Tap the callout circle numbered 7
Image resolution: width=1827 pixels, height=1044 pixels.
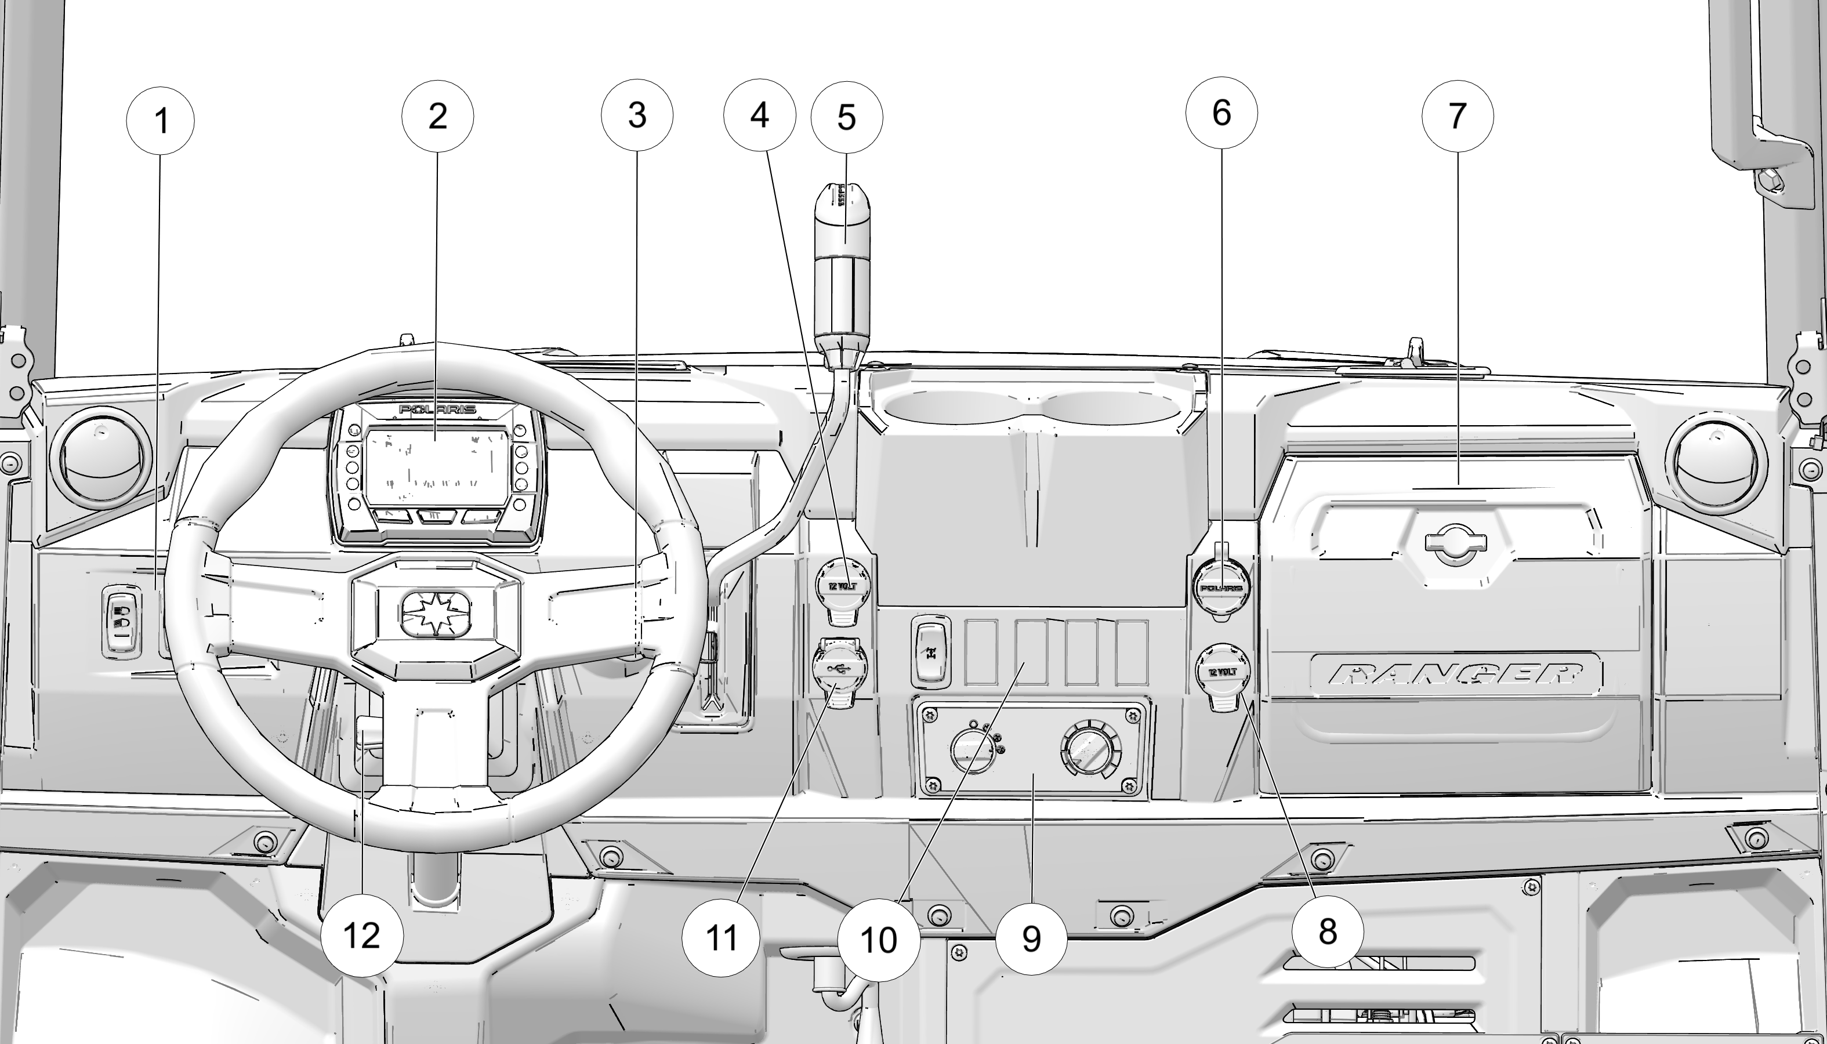[x=1457, y=116]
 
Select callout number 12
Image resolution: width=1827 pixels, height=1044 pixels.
[x=361, y=935]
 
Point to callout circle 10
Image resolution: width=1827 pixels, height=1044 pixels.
[x=878, y=940]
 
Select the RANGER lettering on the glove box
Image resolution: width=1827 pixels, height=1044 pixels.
[x=1456, y=675]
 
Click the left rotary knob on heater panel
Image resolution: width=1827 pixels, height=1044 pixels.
[x=973, y=751]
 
